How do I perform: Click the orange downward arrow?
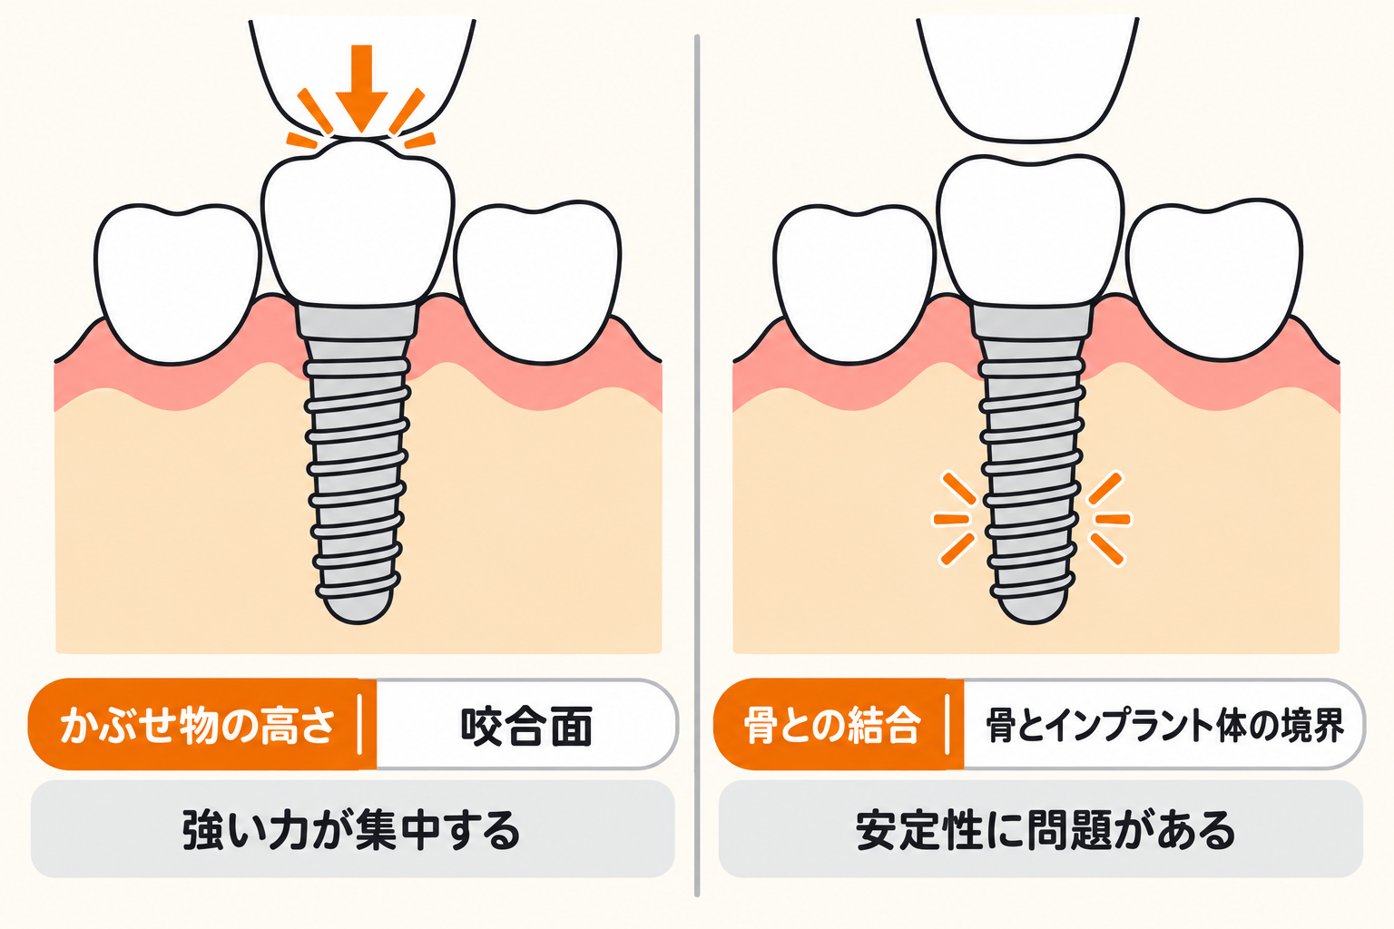pyautogui.click(x=361, y=87)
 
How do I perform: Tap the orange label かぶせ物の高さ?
pyautogui.click(x=198, y=725)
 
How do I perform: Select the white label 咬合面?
pyautogui.click(x=526, y=726)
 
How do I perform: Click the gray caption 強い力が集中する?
pyautogui.click(x=352, y=829)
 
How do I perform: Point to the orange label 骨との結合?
pyautogui.click(x=832, y=725)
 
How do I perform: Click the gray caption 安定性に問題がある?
pyautogui.click(x=1045, y=829)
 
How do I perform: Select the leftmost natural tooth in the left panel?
pyautogui.click(x=177, y=284)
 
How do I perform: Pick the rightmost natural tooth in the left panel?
pyautogui.click(x=537, y=281)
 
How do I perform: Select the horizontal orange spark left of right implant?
pyautogui.click(x=951, y=519)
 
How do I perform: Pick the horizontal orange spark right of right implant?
pyautogui.click(x=1113, y=519)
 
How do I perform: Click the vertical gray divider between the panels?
pyautogui.click(x=697, y=465)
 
